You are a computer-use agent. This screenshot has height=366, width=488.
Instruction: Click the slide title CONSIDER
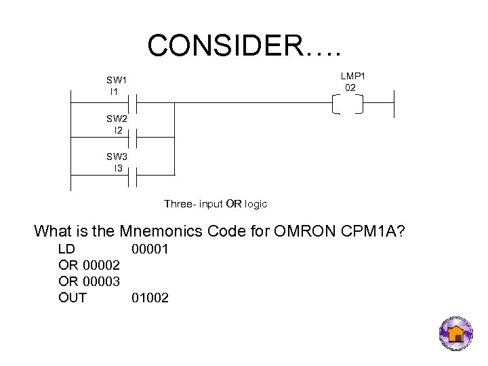245,45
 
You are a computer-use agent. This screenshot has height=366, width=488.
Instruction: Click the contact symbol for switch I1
134,104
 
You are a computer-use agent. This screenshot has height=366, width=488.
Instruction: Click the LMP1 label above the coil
350,81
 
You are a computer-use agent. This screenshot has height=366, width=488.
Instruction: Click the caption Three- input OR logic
216,203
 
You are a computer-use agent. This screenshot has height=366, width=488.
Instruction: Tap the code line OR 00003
90,281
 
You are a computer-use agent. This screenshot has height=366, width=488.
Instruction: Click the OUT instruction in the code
73,297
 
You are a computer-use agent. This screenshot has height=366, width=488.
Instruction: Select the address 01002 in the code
150,297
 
